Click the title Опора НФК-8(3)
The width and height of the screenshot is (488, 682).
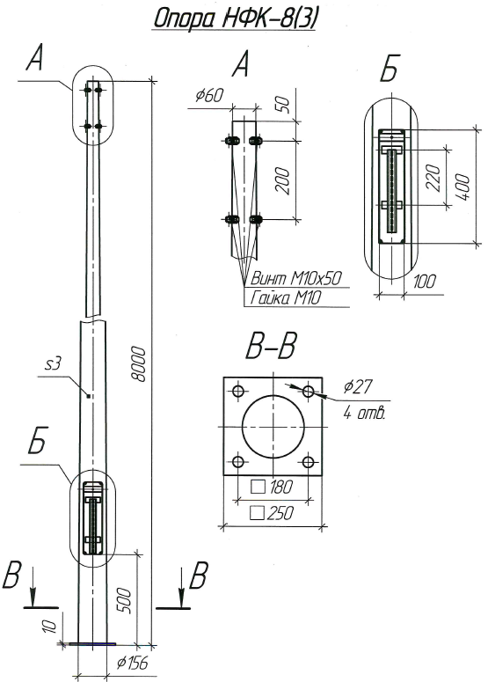click(x=234, y=18)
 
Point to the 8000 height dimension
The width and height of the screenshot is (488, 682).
click(x=139, y=364)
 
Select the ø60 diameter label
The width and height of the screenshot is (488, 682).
click(x=209, y=95)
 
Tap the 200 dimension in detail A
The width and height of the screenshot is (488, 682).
click(x=282, y=181)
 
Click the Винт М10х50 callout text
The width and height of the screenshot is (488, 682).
click(x=297, y=278)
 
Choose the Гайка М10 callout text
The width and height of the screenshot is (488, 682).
click(x=286, y=298)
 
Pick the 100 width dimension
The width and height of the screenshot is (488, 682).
click(x=423, y=282)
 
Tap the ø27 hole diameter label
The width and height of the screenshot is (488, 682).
click(x=357, y=386)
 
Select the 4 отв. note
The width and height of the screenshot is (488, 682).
click(x=364, y=412)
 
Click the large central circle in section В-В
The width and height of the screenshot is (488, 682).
click(x=273, y=427)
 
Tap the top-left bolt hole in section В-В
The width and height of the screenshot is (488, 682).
click(x=238, y=391)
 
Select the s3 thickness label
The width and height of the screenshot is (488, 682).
click(x=53, y=364)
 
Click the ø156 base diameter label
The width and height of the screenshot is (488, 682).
click(x=133, y=663)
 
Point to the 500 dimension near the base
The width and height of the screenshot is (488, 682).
click(x=124, y=600)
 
